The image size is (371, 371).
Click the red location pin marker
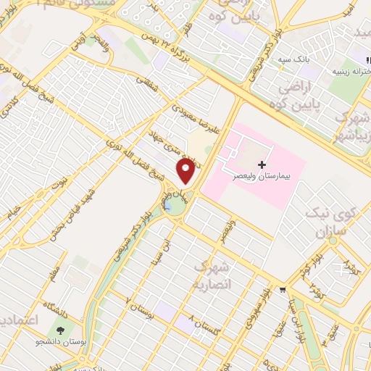pyautogui.click(x=186, y=171)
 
